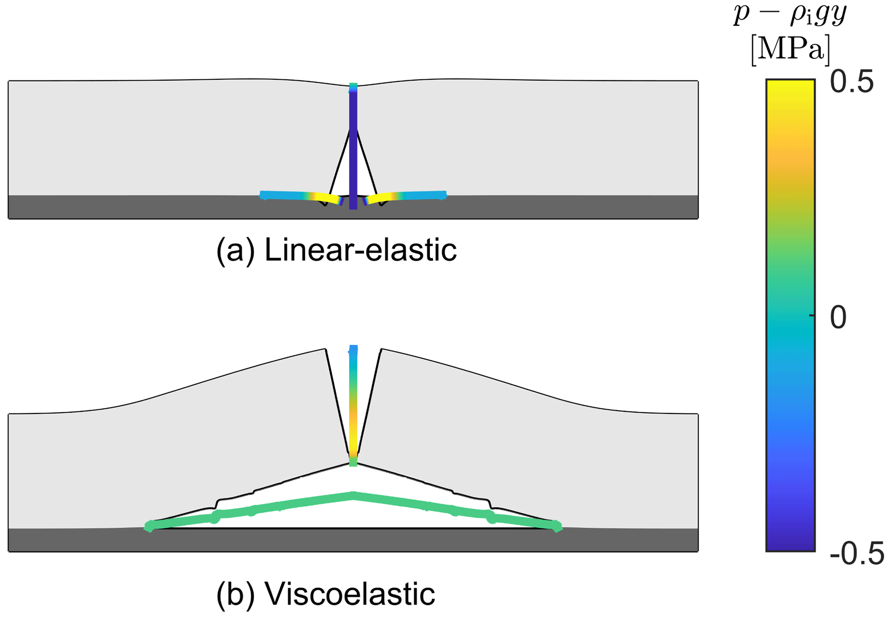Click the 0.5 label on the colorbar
851,83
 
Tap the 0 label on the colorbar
838,318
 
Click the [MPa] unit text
790,50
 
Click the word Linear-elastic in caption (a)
360,250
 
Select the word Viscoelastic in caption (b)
350,594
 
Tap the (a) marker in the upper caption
235,250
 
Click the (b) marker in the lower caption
235,594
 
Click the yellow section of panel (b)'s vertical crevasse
353,440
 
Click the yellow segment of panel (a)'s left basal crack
326,198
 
